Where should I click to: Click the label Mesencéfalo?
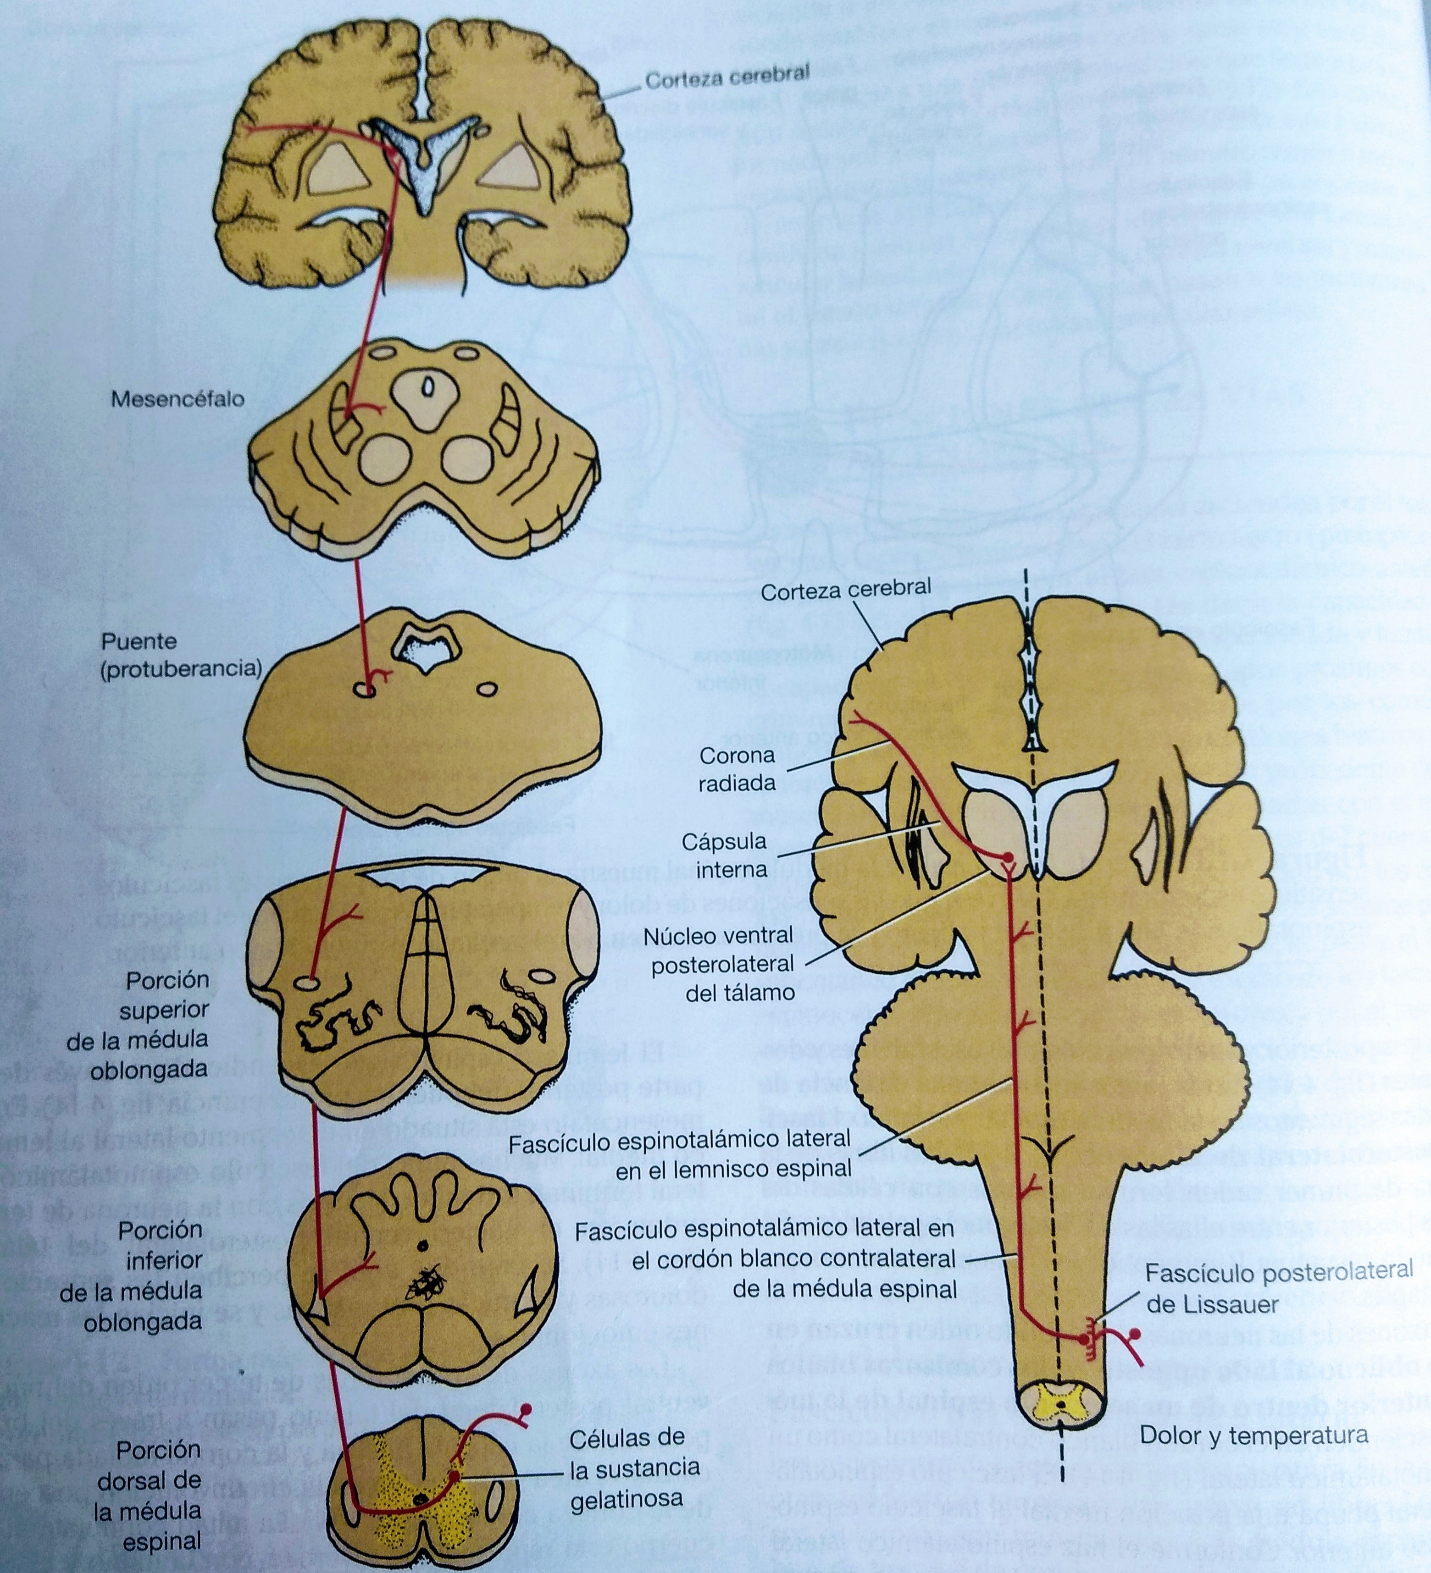(177, 399)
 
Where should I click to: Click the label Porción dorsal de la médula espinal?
(148, 1495)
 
